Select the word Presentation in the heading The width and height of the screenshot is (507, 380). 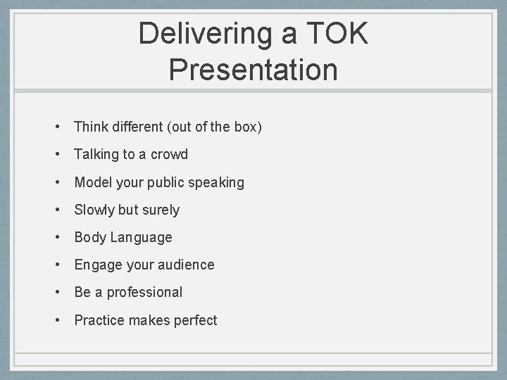click(254, 70)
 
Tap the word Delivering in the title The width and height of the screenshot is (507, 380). click(199, 34)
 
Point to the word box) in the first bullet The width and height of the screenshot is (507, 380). click(248, 127)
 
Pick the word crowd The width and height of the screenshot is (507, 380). click(169, 154)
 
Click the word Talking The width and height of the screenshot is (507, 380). click(96, 154)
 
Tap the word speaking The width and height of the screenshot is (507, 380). click(213, 182)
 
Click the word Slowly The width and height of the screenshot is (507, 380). click(96, 210)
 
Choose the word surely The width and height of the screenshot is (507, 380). click(161, 210)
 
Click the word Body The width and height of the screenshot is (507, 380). click(90, 237)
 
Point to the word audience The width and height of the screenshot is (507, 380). click(185, 265)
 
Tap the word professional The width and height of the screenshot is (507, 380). click(144, 292)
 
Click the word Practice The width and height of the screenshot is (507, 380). click(99, 320)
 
